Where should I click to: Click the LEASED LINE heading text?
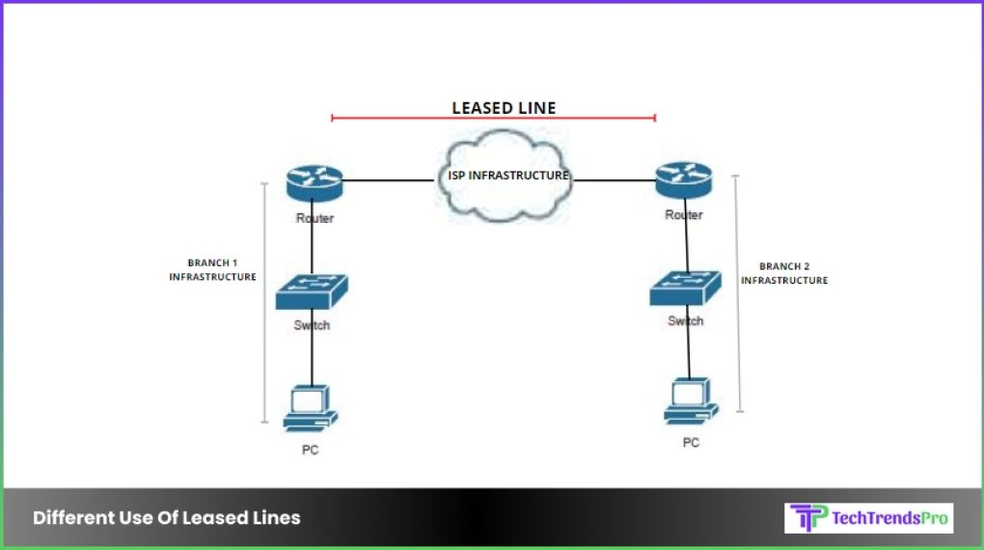[504, 108]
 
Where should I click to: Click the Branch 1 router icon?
[314, 182]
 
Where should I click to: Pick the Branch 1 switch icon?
[311, 292]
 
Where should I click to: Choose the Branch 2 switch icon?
[685, 287]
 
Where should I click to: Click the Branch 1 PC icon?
[310, 409]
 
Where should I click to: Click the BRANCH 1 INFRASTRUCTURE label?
[212, 269]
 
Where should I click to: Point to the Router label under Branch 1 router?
[314, 219]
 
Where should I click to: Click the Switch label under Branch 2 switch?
[685, 320]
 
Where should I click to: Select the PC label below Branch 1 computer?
[310, 450]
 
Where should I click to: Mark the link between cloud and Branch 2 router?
[610, 179]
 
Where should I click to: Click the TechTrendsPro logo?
[869, 518]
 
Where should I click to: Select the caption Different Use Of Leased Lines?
[166, 518]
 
